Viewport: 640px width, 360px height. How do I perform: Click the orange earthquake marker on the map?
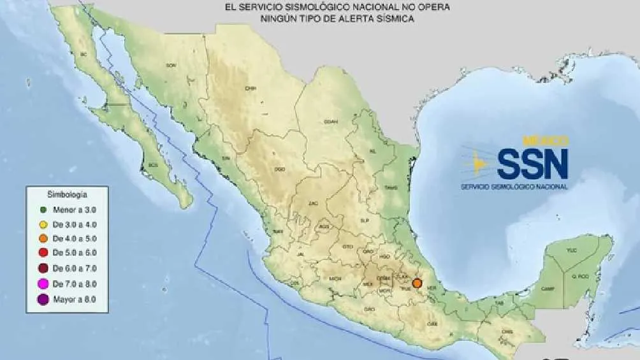pyautogui.click(x=418, y=284)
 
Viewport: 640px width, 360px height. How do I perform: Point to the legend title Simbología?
pyautogui.click(x=67, y=192)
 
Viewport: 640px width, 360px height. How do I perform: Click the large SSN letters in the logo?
pyautogui.click(x=532, y=164)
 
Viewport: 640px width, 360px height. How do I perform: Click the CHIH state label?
pyautogui.click(x=251, y=89)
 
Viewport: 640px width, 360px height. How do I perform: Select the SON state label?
pyautogui.click(x=170, y=65)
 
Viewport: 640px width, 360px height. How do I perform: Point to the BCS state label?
pyautogui.click(x=152, y=164)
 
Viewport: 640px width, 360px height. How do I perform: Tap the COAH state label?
pyautogui.click(x=330, y=121)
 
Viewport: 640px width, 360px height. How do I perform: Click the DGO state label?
pyautogui.click(x=279, y=169)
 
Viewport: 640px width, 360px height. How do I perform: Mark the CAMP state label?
pyautogui.click(x=547, y=288)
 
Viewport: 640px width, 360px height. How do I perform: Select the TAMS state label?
pyautogui.click(x=391, y=187)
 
